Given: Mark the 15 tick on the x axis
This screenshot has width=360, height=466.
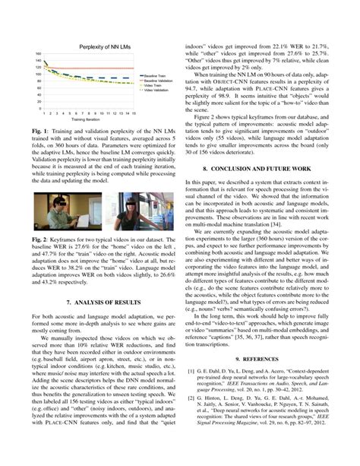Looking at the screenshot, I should [134, 113].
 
